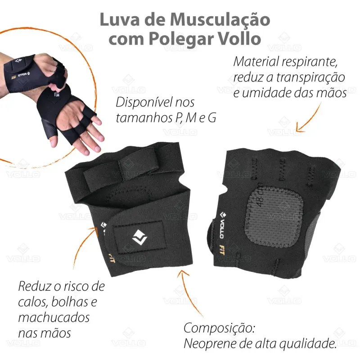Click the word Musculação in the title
(x=220, y=20)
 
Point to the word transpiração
(x=310, y=78)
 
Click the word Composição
(x=219, y=328)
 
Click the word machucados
(x=54, y=318)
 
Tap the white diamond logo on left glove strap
(x=139, y=238)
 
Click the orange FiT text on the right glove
(x=221, y=249)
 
